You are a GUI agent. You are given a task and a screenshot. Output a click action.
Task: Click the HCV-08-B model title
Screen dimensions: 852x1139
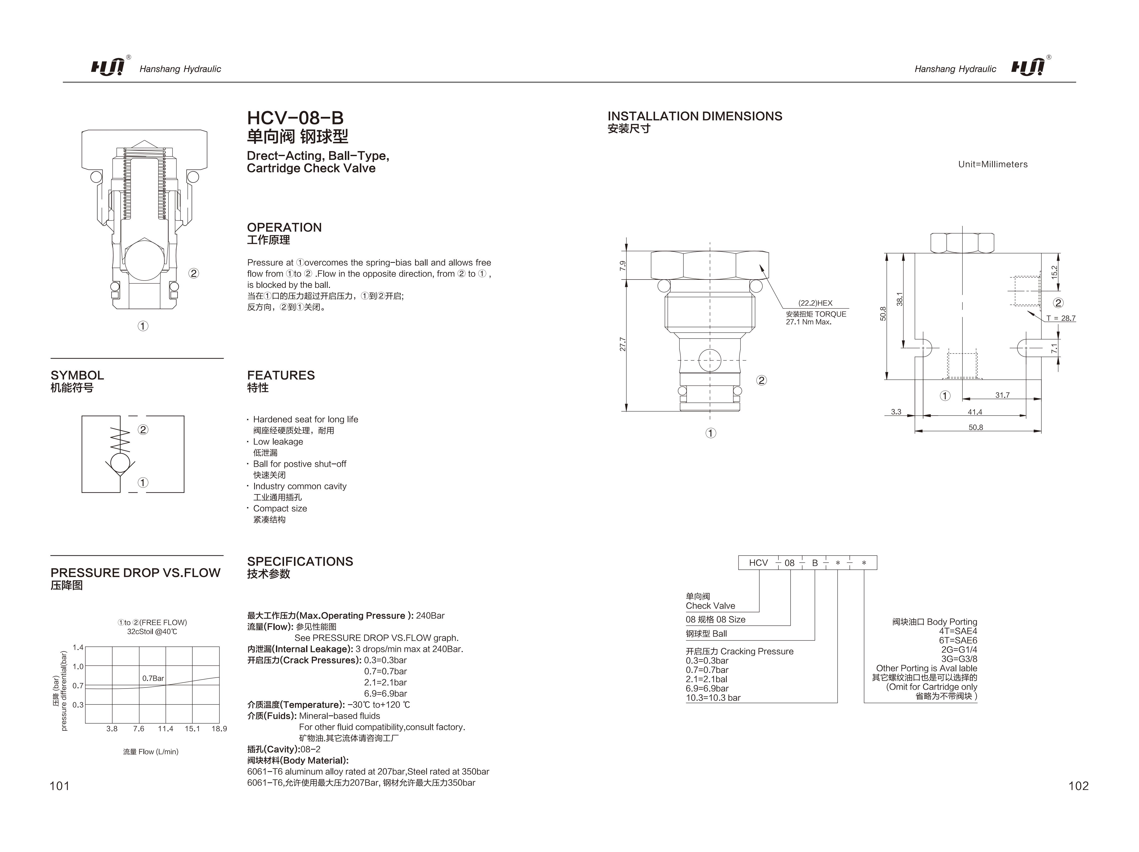tap(295, 118)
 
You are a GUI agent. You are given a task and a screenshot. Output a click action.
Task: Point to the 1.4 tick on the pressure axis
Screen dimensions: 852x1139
tap(78, 647)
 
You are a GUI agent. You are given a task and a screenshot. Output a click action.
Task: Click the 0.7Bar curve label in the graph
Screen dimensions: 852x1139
tap(153, 678)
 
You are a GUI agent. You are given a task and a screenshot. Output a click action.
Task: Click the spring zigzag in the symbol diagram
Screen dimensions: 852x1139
tap(121, 439)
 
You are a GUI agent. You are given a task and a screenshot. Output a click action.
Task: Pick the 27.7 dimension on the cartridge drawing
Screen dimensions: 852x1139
tap(623, 344)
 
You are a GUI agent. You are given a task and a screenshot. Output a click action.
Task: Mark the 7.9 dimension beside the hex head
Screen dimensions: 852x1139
tap(623, 266)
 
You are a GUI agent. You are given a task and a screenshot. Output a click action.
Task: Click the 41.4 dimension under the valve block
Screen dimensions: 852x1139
tap(975, 412)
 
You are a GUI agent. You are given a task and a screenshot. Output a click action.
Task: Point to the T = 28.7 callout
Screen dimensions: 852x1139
tap(1061, 318)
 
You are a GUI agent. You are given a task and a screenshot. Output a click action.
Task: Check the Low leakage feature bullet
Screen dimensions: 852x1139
tap(278, 441)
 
